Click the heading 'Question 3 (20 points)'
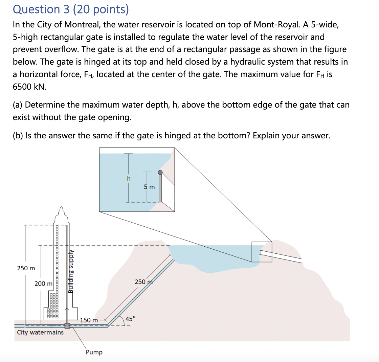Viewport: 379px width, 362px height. click(71, 9)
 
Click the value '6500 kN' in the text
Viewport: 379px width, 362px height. click(30, 87)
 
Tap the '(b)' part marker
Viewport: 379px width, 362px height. click(18, 135)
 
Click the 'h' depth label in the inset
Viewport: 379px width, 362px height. click(129, 178)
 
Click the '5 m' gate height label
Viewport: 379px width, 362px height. click(149, 187)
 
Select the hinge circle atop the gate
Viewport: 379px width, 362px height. click(160, 172)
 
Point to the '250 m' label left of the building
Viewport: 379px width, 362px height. click(26, 268)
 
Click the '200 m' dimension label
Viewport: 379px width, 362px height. click(44, 284)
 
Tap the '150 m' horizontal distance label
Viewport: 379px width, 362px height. click(89, 320)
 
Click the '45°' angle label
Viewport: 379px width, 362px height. click(130, 319)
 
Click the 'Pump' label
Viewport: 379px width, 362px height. click(94, 352)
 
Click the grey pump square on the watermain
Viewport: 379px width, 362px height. click(67, 326)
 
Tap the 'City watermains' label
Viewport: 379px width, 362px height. click(40, 332)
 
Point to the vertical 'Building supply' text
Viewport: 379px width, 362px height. click(71, 271)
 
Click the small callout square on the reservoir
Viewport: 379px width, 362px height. click(262, 252)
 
